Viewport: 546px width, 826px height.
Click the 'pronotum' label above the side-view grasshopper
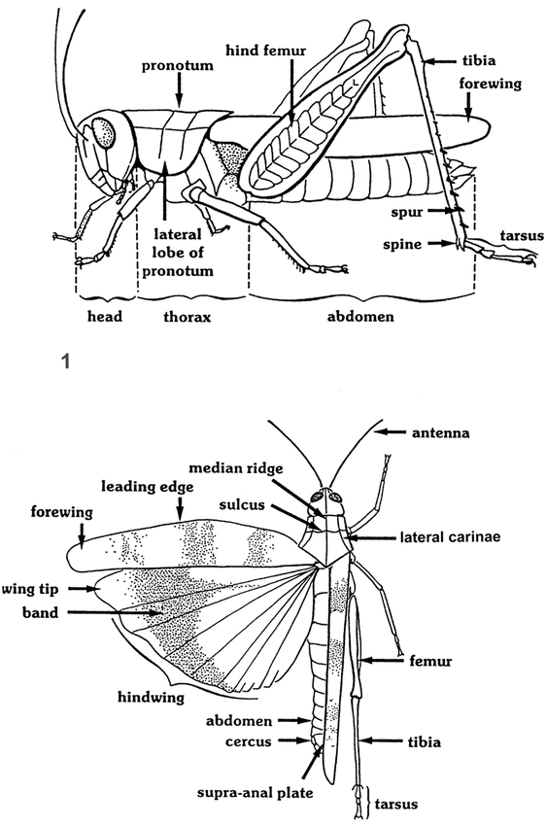(x=178, y=66)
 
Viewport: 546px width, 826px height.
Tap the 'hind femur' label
(x=266, y=51)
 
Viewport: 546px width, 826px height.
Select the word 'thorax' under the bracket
(x=187, y=317)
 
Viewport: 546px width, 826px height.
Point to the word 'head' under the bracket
(x=105, y=316)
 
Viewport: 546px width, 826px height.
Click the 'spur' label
(x=406, y=212)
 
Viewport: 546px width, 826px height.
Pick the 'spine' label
(x=402, y=245)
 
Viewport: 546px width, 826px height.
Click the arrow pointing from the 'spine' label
(x=441, y=243)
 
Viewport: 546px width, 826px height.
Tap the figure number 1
(x=65, y=361)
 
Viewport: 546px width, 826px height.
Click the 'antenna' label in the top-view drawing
(x=441, y=433)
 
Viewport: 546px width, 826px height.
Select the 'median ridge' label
(x=236, y=467)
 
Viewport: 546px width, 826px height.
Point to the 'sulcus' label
(x=242, y=504)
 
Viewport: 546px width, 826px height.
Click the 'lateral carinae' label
(x=450, y=536)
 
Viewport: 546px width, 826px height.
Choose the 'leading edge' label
(x=148, y=487)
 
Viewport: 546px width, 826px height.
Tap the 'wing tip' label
(x=30, y=589)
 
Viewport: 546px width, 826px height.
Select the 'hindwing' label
(x=152, y=698)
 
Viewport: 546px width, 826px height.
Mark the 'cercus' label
(x=249, y=741)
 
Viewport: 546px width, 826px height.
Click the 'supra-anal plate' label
(x=256, y=793)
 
